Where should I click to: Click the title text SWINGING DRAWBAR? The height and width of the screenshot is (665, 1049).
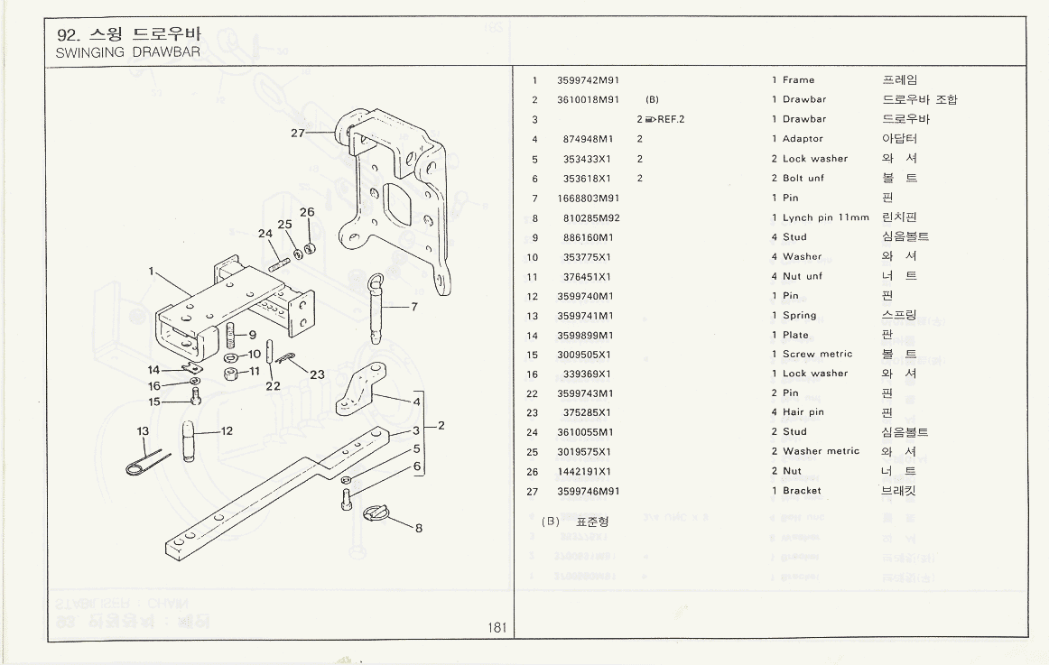pos(127,52)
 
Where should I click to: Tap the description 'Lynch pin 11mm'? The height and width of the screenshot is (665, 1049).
pos(825,217)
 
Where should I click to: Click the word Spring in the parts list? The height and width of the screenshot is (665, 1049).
pos(799,316)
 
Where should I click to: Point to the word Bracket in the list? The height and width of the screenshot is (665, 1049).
pos(802,491)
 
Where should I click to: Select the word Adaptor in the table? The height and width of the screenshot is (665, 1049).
pos(803,139)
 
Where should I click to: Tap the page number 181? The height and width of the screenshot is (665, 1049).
pos(497,628)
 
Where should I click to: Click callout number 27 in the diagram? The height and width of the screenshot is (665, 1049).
pos(299,133)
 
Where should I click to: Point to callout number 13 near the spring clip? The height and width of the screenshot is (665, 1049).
pos(143,432)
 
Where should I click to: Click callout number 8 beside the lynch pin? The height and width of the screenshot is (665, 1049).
pos(419,528)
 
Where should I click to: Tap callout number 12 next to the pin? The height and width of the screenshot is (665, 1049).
pos(227,431)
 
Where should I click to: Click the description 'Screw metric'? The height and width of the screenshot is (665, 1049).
pos(817,355)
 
